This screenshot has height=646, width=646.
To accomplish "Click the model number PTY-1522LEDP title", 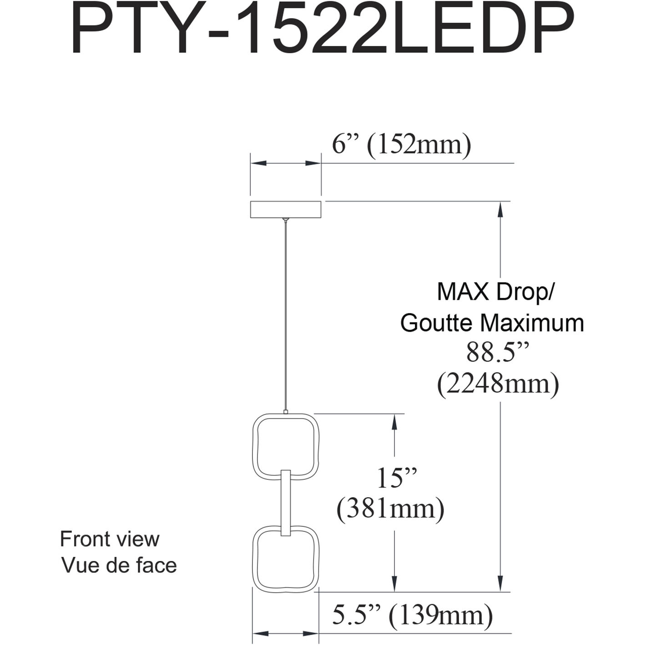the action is (322, 30).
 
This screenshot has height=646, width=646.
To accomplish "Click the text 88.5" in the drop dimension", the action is (498, 352).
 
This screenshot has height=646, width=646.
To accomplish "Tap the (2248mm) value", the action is (498, 384).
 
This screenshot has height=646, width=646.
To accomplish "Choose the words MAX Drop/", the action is (495, 292).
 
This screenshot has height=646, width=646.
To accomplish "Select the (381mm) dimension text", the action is (390, 509).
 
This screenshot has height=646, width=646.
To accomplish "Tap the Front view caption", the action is (110, 539).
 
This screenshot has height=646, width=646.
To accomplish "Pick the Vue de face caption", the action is (119, 565).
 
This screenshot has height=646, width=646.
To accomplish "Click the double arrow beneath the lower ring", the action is (285, 633).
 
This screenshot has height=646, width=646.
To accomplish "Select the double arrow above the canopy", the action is (286, 163).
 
